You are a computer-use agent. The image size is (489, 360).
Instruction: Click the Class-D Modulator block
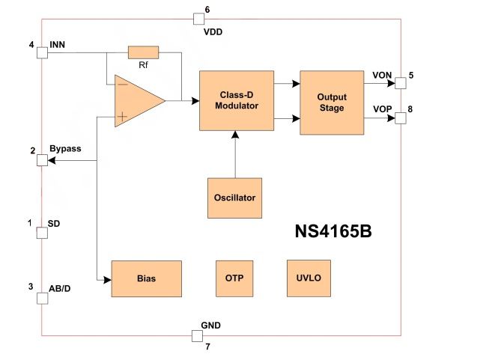coord(236,101)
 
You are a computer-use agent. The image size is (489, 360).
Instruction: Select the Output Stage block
coord(331,103)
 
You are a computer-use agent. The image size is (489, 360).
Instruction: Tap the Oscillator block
coord(235,198)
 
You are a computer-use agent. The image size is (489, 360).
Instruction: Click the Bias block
coord(146,278)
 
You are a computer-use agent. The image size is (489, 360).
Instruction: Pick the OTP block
coord(234,278)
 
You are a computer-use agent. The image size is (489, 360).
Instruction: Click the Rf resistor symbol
coord(143,52)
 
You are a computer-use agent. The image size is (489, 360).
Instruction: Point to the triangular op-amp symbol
coord(137,100)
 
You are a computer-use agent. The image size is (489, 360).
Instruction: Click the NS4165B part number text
coord(332,232)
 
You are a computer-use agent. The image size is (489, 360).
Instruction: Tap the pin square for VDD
coord(198,19)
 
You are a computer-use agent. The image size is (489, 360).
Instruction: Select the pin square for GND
coord(198,335)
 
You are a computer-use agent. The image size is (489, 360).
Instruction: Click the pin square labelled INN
coord(42,51)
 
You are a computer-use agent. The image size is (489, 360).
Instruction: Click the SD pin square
coord(42,232)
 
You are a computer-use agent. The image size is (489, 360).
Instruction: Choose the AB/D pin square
coord(42,297)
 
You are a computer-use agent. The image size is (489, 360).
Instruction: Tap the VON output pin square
coord(401,81)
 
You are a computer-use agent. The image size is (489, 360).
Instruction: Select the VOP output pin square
coord(401,117)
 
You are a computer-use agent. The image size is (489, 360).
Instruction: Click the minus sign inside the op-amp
coord(121,85)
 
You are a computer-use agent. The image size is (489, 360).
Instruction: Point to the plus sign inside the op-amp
coord(121,116)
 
